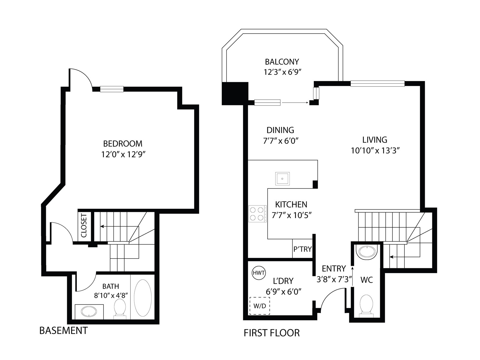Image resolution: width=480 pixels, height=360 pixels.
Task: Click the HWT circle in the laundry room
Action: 259,273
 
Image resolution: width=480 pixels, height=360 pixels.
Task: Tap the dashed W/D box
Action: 259,306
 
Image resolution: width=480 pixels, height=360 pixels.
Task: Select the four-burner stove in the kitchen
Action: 257,214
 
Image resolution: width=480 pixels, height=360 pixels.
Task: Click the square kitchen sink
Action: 282,178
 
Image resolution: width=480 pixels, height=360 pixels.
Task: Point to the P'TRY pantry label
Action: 302,249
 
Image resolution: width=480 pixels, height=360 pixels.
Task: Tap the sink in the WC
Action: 367,252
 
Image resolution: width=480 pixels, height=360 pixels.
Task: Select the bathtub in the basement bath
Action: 142,298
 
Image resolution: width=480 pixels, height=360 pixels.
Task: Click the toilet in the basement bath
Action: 120,309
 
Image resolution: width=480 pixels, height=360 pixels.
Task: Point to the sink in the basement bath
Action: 89,311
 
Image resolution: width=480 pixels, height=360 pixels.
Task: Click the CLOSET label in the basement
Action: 84,226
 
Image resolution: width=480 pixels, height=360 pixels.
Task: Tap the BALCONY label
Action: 282,62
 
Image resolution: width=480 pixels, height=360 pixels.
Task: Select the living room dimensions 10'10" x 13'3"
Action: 375,151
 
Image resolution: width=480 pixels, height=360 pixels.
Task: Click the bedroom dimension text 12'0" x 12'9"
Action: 123,154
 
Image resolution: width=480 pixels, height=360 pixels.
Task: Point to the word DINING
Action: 280,130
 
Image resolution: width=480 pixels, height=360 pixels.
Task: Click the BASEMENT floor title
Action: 63,331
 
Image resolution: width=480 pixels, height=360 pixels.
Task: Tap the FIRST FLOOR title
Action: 271,333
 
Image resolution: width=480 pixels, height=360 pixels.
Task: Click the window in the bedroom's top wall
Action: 112,89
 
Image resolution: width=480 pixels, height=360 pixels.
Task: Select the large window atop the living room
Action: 377,83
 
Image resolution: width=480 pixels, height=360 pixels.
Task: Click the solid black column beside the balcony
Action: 235,94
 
